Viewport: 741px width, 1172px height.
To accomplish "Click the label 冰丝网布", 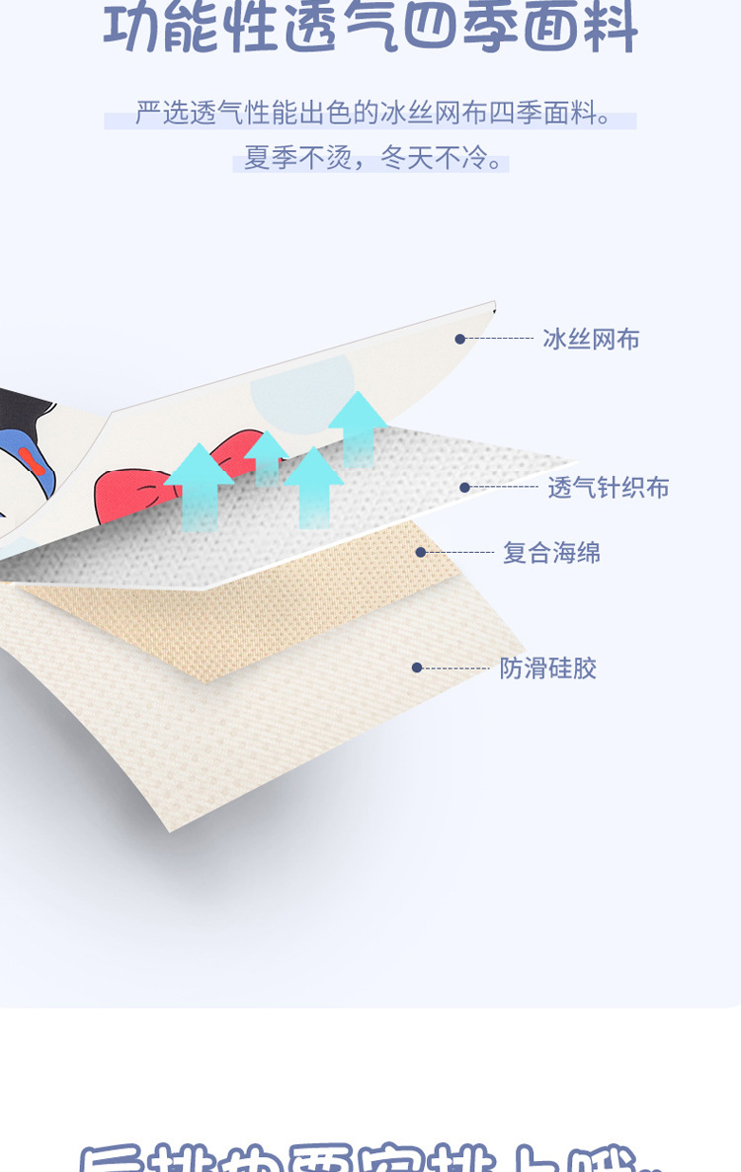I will click(591, 340).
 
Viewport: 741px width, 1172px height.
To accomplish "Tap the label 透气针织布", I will click(609, 488).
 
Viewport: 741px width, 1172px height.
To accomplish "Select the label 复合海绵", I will click(551, 553).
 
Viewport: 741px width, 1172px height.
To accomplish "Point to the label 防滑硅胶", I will click(547, 668).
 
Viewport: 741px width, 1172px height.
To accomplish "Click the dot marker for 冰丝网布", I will click(459, 339).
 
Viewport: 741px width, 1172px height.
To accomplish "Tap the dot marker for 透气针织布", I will click(464, 487).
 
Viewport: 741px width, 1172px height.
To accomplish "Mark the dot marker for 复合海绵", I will click(421, 552).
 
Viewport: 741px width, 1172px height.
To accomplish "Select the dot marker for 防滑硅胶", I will click(417, 667).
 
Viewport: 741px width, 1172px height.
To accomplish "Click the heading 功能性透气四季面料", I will click(370, 28).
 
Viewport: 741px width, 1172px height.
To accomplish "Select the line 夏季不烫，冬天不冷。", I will click(370, 158).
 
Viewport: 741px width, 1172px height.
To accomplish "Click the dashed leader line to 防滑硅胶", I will click(456, 668).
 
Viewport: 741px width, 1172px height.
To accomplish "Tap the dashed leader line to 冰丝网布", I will click(499, 339).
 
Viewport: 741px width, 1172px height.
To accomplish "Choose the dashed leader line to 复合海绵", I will click(459, 552).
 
